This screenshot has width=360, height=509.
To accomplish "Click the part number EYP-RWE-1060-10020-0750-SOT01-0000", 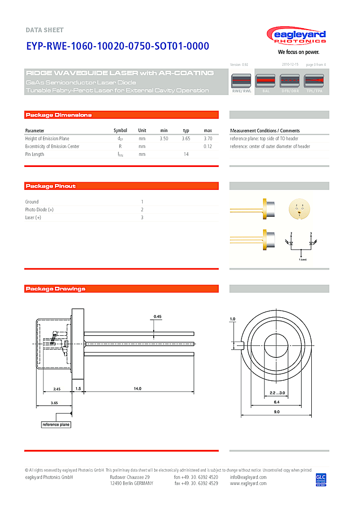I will coord(117,46).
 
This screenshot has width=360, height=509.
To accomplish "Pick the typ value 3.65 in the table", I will coord(186,138).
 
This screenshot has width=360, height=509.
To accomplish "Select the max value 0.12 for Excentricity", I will coord(208,146).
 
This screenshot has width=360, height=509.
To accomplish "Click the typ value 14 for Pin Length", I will coord(186,154).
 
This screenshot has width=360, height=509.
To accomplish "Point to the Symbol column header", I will coord(120,130).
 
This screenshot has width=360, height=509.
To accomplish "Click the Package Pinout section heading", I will coord(51,186).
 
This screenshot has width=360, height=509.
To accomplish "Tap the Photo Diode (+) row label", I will coord(39,209).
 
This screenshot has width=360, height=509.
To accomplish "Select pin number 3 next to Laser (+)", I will coord(142,218).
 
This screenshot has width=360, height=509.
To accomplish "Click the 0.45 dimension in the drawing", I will coord(158,316).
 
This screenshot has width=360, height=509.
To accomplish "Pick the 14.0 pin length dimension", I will coord(138,389).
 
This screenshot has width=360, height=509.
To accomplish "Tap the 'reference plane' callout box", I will coord(56,425).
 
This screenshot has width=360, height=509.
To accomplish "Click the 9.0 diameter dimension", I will coord(276,411).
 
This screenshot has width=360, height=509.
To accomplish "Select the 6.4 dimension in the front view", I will coord(276,402).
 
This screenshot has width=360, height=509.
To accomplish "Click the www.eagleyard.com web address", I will coord(248,483).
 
